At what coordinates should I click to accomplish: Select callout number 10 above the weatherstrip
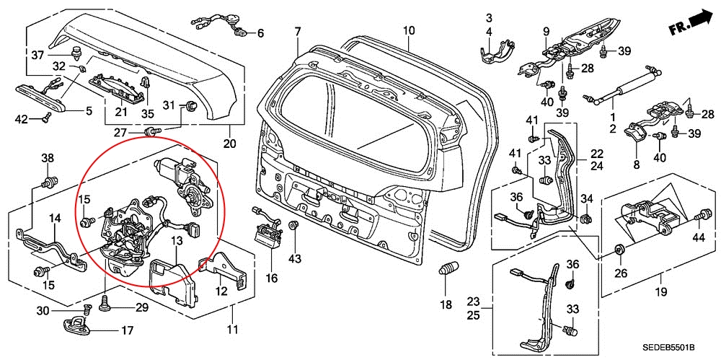pyautogui.click(x=409, y=30)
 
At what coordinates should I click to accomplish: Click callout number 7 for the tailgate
pyautogui.click(x=296, y=31)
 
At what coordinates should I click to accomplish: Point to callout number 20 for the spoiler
pyautogui.click(x=230, y=143)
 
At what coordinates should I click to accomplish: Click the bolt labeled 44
pyautogui.click(x=702, y=216)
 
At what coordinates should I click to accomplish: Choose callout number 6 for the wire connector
pyautogui.click(x=260, y=33)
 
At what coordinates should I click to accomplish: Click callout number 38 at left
pyautogui.click(x=48, y=159)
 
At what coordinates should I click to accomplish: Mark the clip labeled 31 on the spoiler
pyautogui.click(x=191, y=107)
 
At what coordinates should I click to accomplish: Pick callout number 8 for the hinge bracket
pyautogui.click(x=637, y=164)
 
